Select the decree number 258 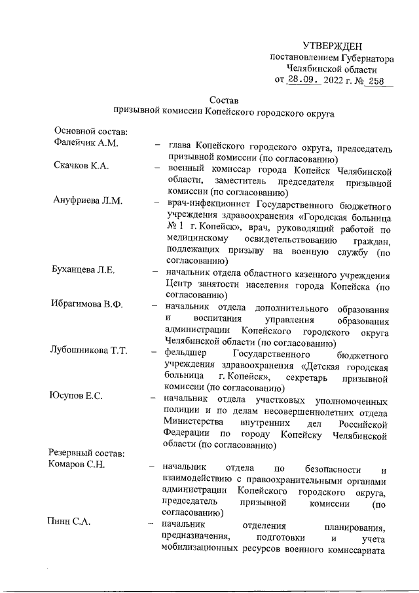376,81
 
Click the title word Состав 224,100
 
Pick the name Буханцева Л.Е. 85,271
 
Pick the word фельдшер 189,351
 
